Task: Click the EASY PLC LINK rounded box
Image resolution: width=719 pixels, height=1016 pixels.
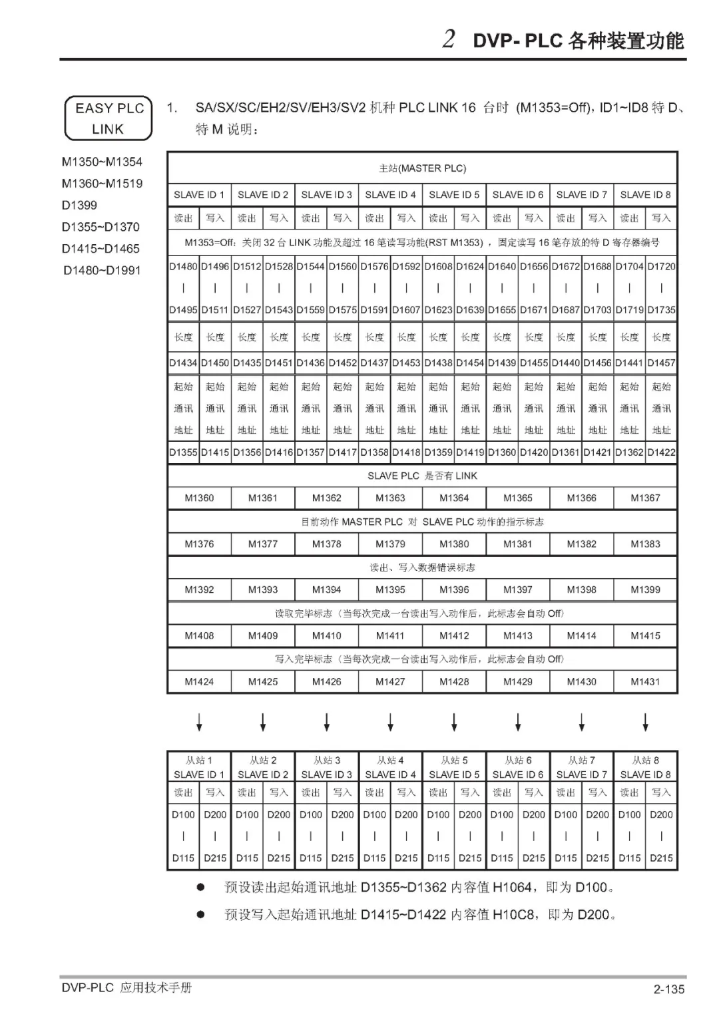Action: coord(109,118)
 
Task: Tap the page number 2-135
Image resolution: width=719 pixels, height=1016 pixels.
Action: coord(668,989)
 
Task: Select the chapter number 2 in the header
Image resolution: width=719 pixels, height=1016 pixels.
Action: coord(449,39)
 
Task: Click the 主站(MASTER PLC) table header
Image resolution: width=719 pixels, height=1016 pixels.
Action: coord(422,168)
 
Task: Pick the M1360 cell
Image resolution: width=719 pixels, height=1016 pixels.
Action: coord(199,498)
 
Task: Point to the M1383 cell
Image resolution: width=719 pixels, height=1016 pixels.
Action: coord(645,544)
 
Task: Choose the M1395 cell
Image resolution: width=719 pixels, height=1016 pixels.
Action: coord(390,590)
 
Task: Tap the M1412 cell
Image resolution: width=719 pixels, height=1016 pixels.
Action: coord(454,635)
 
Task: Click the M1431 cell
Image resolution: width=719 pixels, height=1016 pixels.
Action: coord(645,681)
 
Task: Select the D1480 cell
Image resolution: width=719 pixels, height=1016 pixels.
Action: coord(183,266)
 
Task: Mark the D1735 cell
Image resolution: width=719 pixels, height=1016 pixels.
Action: coord(661,309)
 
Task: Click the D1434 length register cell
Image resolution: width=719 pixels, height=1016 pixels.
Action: coord(183,363)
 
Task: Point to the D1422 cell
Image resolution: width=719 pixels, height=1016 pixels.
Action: coord(661,452)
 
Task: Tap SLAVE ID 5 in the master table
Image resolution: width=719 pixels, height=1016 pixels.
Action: coord(454,194)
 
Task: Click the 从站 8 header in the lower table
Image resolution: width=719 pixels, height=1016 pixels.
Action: coord(645,760)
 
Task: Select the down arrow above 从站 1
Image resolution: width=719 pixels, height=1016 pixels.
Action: coord(199,722)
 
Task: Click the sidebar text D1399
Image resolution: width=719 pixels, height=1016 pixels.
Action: coord(79,205)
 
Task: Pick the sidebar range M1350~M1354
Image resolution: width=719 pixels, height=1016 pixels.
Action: coord(102,162)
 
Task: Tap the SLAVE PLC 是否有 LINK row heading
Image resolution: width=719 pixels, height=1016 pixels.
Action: coord(422,476)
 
